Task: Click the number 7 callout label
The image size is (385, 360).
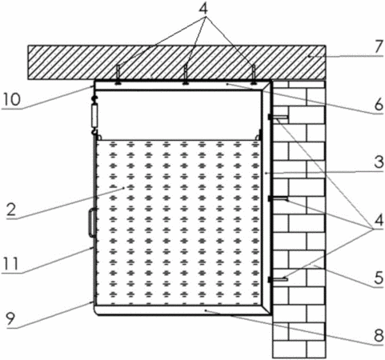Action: tap(379, 47)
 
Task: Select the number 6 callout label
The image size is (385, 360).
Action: tap(379, 105)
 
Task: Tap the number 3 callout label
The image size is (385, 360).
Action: tap(379, 162)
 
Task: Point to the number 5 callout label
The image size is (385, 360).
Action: tap(379, 278)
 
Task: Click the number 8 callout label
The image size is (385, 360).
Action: tap(379, 336)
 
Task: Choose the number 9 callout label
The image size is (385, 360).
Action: tap(11, 319)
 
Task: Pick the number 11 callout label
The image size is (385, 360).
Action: tap(10, 264)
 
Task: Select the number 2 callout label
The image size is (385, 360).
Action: tap(11, 210)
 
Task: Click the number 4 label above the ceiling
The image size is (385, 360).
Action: tap(203, 9)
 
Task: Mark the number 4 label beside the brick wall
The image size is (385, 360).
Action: tap(379, 221)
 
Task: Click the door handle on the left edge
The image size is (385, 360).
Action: tap(91, 222)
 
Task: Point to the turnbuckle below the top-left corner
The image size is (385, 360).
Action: tap(94, 115)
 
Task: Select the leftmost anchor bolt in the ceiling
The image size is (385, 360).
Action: tap(118, 75)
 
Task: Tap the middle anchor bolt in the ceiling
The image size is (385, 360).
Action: tap(185, 75)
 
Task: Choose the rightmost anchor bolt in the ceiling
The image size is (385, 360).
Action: tap(253, 75)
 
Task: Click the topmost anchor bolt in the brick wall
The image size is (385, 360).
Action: tap(278, 117)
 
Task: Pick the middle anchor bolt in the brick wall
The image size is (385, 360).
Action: tap(278, 198)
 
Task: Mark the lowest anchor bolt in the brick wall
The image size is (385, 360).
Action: tap(278, 279)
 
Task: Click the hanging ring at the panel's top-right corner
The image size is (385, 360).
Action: tap(258, 136)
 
